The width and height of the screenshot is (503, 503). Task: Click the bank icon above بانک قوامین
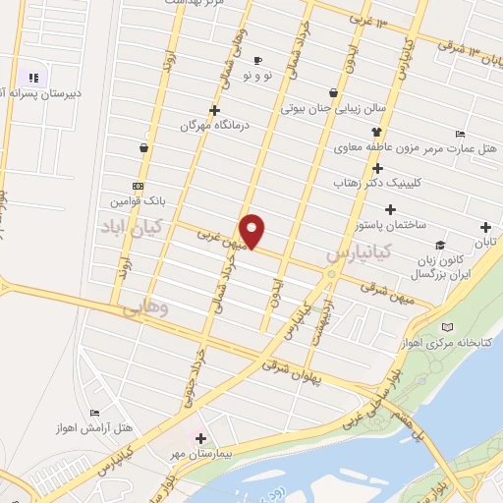tap(138, 186)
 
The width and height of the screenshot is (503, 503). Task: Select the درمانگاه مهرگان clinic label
tap(209, 126)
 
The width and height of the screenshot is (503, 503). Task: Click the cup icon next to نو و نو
tap(258, 59)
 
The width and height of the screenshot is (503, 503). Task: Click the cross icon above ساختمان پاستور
tap(391, 209)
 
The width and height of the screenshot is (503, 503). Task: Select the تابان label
tap(486, 242)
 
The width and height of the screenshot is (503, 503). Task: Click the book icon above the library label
tap(449, 326)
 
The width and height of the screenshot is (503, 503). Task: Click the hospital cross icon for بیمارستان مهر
tap(200, 438)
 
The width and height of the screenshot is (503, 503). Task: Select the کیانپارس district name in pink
tap(359, 252)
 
